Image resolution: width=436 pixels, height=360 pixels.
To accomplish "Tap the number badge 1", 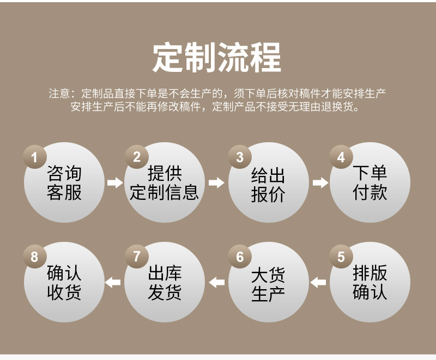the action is point(35,157).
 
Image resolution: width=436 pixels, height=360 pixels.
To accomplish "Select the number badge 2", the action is point(137,157).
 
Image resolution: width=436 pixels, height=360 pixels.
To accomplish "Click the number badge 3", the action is point(240,157).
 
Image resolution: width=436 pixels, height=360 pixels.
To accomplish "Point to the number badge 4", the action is point(341,157).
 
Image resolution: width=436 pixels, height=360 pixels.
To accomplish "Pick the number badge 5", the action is point(341,257).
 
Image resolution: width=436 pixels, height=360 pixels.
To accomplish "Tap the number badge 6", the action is point(240,257).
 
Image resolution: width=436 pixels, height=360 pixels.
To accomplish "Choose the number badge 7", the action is point(137,257).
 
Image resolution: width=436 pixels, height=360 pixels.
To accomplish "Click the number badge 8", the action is point(35,257).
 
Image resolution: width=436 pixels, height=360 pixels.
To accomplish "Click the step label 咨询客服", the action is point(64,184).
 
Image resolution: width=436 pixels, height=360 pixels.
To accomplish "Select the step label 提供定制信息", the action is point(165,184).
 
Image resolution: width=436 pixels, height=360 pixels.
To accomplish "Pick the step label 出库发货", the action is point(165,283).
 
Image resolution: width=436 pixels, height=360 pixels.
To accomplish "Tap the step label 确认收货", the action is point(64,283).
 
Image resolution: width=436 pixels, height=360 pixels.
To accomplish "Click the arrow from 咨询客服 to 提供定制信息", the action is point(114,182).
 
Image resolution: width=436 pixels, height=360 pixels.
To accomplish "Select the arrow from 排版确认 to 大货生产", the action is point(318,282).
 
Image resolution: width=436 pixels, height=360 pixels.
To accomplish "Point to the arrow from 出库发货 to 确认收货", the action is point(113,282).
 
